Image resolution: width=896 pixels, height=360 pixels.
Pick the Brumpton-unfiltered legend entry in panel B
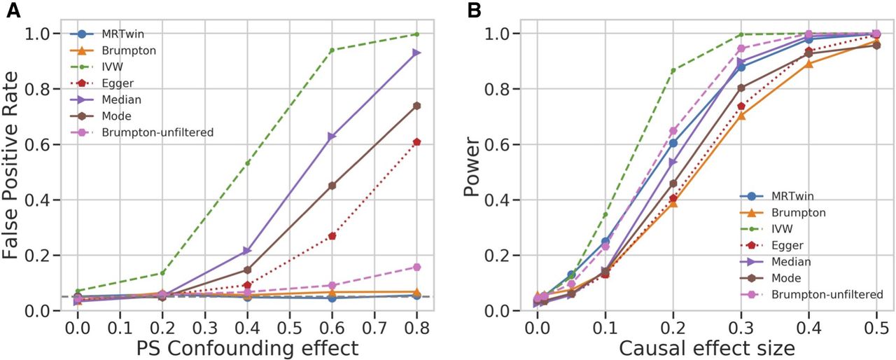(825, 295)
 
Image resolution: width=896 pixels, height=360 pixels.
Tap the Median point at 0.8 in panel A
(416, 53)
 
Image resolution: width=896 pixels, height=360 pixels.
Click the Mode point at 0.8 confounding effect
(416, 106)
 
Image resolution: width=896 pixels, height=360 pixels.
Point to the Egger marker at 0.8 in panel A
(416, 142)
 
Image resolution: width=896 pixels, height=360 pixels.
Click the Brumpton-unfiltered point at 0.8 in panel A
(416, 267)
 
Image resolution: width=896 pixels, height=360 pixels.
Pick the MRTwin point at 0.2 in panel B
(673, 143)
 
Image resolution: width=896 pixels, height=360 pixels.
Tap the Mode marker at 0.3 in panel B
(741, 88)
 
